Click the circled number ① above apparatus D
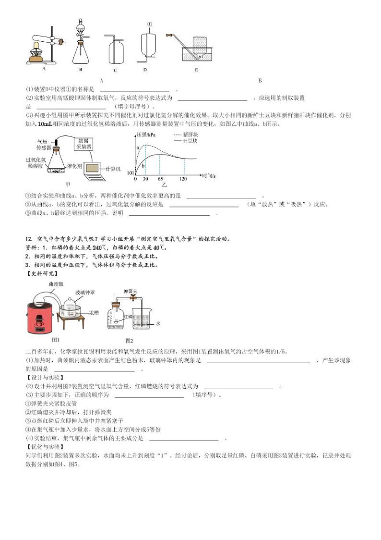pos(149,24)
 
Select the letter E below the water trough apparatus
pos(196,70)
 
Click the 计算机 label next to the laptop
pos(113,169)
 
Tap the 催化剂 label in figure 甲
pos(74,165)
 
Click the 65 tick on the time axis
pos(160,179)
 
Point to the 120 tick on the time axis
pos(183,179)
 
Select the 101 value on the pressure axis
pos(130,173)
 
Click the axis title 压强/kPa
pos(146,134)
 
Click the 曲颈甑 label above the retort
pos(55,284)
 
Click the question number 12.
pos(28,239)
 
